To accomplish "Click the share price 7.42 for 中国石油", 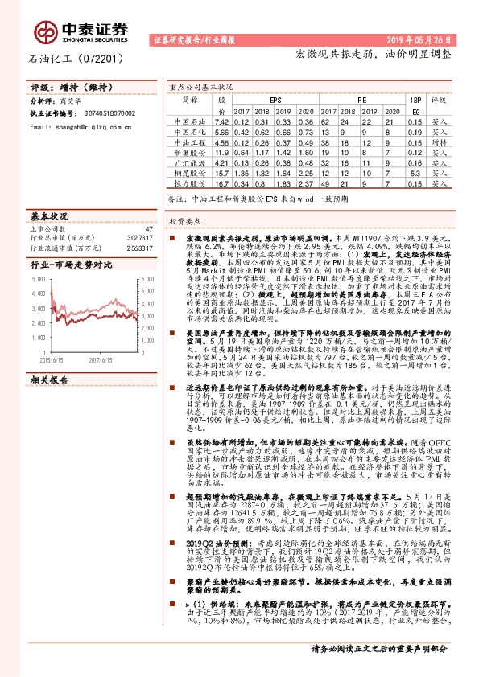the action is coord(221,121).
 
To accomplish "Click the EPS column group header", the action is coord(275,100).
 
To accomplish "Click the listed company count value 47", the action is coord(148,229).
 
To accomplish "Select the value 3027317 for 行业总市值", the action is coord(139,239).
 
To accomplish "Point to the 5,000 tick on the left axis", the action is coord(38,278).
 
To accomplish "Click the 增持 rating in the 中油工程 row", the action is coord(440,142).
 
